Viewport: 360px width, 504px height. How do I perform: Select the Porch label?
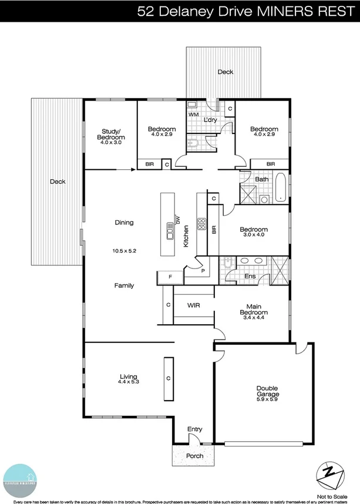194,456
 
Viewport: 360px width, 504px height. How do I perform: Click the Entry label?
194,429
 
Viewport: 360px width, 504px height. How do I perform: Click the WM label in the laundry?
193,115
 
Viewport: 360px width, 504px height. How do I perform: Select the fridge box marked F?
170,276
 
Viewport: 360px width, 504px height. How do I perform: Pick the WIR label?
194,305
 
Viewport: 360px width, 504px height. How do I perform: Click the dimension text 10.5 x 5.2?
124,251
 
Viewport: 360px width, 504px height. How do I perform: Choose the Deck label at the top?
226,72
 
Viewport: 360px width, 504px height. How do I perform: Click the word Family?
124,285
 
